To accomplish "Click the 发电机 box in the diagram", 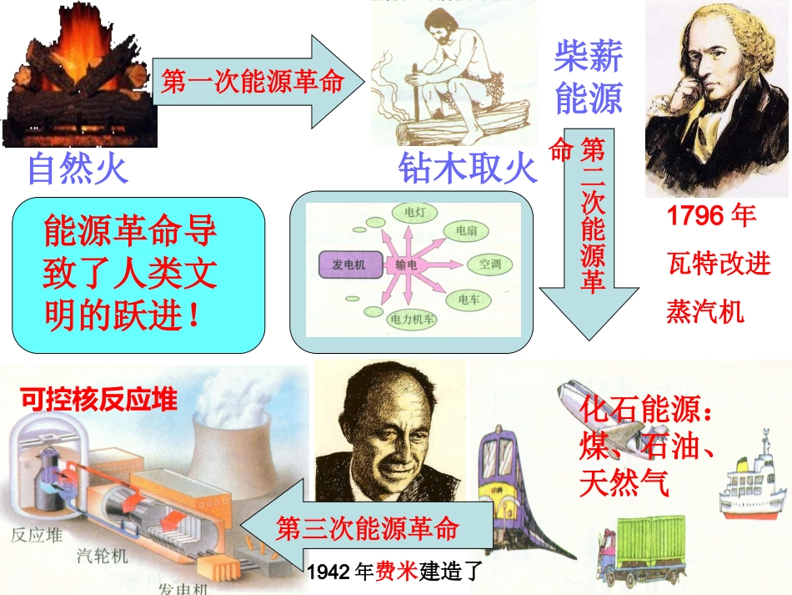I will pyautogui.click(x=348, y=265).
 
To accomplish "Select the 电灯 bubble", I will pyautogui.click(x=414, y=213).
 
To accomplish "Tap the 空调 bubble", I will pyautogui.click(x=490, y=265).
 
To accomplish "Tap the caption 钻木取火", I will pyautogui.click(x=466, y=169).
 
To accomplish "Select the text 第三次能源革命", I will pyautogui.click(x=367, y=528).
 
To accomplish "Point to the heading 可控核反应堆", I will pyautogui.click(x=98, y=401).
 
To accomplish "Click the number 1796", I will pyautogui.click(x=694, y=215).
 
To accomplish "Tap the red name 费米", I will pyautogui.click(x=395, y=573).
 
